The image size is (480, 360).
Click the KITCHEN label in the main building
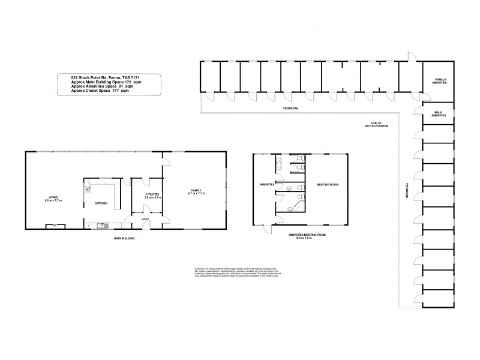tap(101, 203)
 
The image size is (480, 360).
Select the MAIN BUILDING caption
tap(124, 238)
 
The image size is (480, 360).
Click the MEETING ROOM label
tap(328, 185)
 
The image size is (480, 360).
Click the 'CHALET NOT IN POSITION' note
tap(377, 124)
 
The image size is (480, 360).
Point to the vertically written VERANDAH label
tap(407, 190)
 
